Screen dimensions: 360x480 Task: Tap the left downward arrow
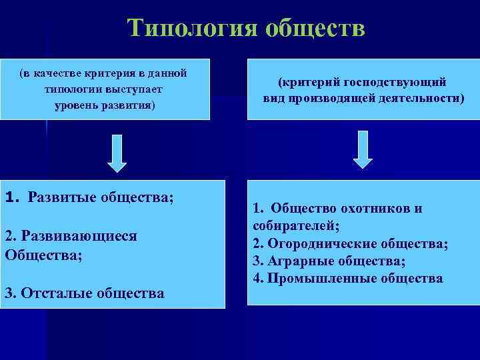117,153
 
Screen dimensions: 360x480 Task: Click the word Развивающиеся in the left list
71,236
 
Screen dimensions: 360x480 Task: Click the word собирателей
295,226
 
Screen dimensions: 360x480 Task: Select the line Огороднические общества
350,243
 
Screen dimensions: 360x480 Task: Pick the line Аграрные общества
329,261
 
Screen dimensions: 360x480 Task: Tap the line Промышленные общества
348,278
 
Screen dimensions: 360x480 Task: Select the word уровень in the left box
77,105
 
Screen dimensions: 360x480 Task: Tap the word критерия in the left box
97,73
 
